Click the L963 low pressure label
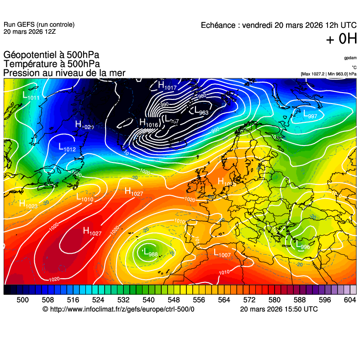[201, 111]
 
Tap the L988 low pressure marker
[150, 253]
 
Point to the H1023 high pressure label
[28, 204]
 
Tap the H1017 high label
[167, 86]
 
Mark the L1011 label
[31, 96]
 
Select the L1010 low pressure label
[85, 198]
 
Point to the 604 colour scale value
[349, 300]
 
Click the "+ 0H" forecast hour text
[341, 40]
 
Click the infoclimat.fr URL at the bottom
[118, 309]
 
